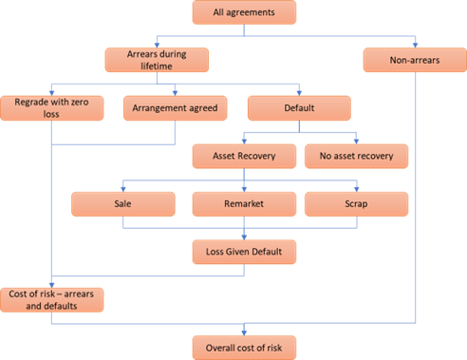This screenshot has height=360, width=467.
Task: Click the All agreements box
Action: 243,12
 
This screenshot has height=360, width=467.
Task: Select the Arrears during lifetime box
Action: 155,59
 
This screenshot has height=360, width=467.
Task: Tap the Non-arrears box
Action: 414,59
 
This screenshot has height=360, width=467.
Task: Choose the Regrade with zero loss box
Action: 52,107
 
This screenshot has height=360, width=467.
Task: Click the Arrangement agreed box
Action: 176,107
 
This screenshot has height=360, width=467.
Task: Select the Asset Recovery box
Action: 243,154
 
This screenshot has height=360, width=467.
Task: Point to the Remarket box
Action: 243,203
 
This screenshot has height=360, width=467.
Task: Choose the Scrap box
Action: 357,203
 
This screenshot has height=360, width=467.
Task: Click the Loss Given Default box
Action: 243,252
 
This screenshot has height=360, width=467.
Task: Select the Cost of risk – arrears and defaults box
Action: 52,299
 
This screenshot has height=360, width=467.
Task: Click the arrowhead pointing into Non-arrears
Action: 414,44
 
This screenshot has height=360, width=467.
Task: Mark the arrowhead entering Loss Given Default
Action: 243,237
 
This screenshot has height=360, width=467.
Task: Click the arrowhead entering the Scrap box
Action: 357,188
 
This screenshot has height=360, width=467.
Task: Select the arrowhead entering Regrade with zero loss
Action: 52,91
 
